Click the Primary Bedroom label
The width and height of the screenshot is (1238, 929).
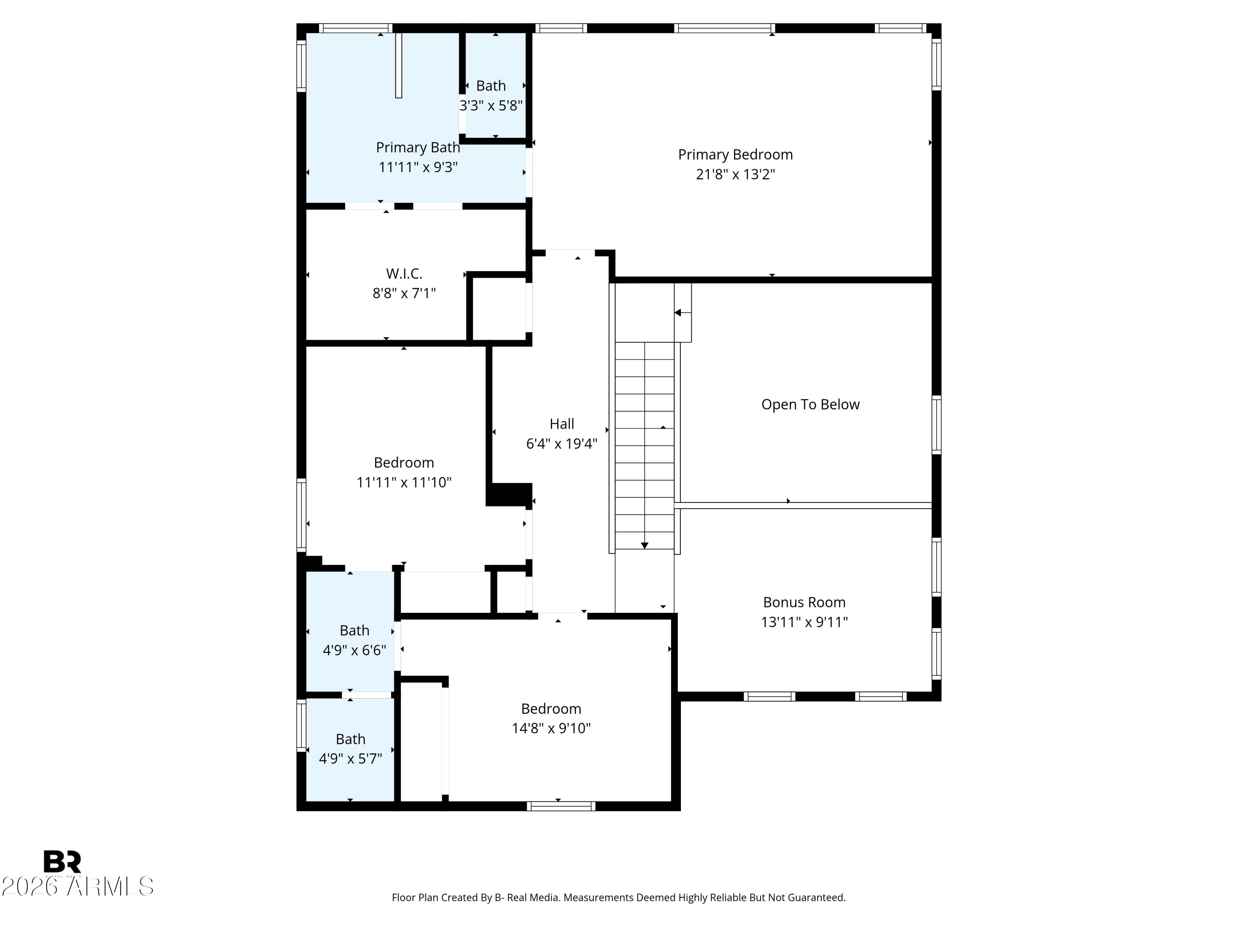735,154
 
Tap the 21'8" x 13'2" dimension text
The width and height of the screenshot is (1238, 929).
735,174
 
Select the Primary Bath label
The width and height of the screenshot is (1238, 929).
418,147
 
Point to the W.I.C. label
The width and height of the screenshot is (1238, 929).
404,274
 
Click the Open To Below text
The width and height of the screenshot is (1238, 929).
810,404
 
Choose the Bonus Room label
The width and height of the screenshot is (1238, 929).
804,602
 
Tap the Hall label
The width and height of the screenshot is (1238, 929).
562,424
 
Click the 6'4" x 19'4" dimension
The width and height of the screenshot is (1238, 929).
562,443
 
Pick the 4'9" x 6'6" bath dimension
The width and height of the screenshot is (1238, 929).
354,650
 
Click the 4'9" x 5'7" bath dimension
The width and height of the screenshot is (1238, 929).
350,759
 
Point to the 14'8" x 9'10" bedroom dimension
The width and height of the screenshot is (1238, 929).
551,728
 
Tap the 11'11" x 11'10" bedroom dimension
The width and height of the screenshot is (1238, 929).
404,482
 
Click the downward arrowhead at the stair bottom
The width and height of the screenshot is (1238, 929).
645,545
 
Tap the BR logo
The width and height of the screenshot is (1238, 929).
62,862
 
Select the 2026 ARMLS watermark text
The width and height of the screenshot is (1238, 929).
77,886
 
